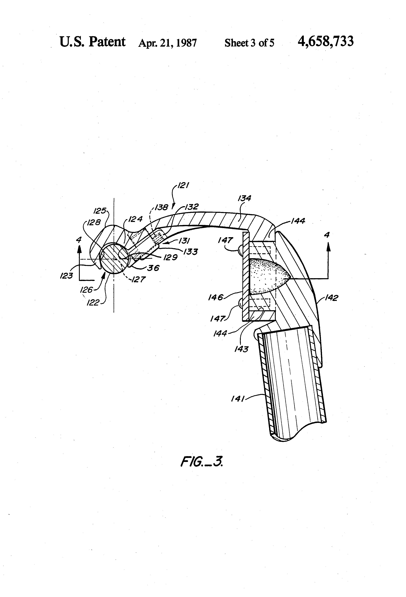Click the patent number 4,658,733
[x=325, y=42]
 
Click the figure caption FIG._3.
[x=201, y=461]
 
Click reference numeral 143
[x=241, y=349]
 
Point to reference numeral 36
[x=153, y=268]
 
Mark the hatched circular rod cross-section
[x=114, y=258]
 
